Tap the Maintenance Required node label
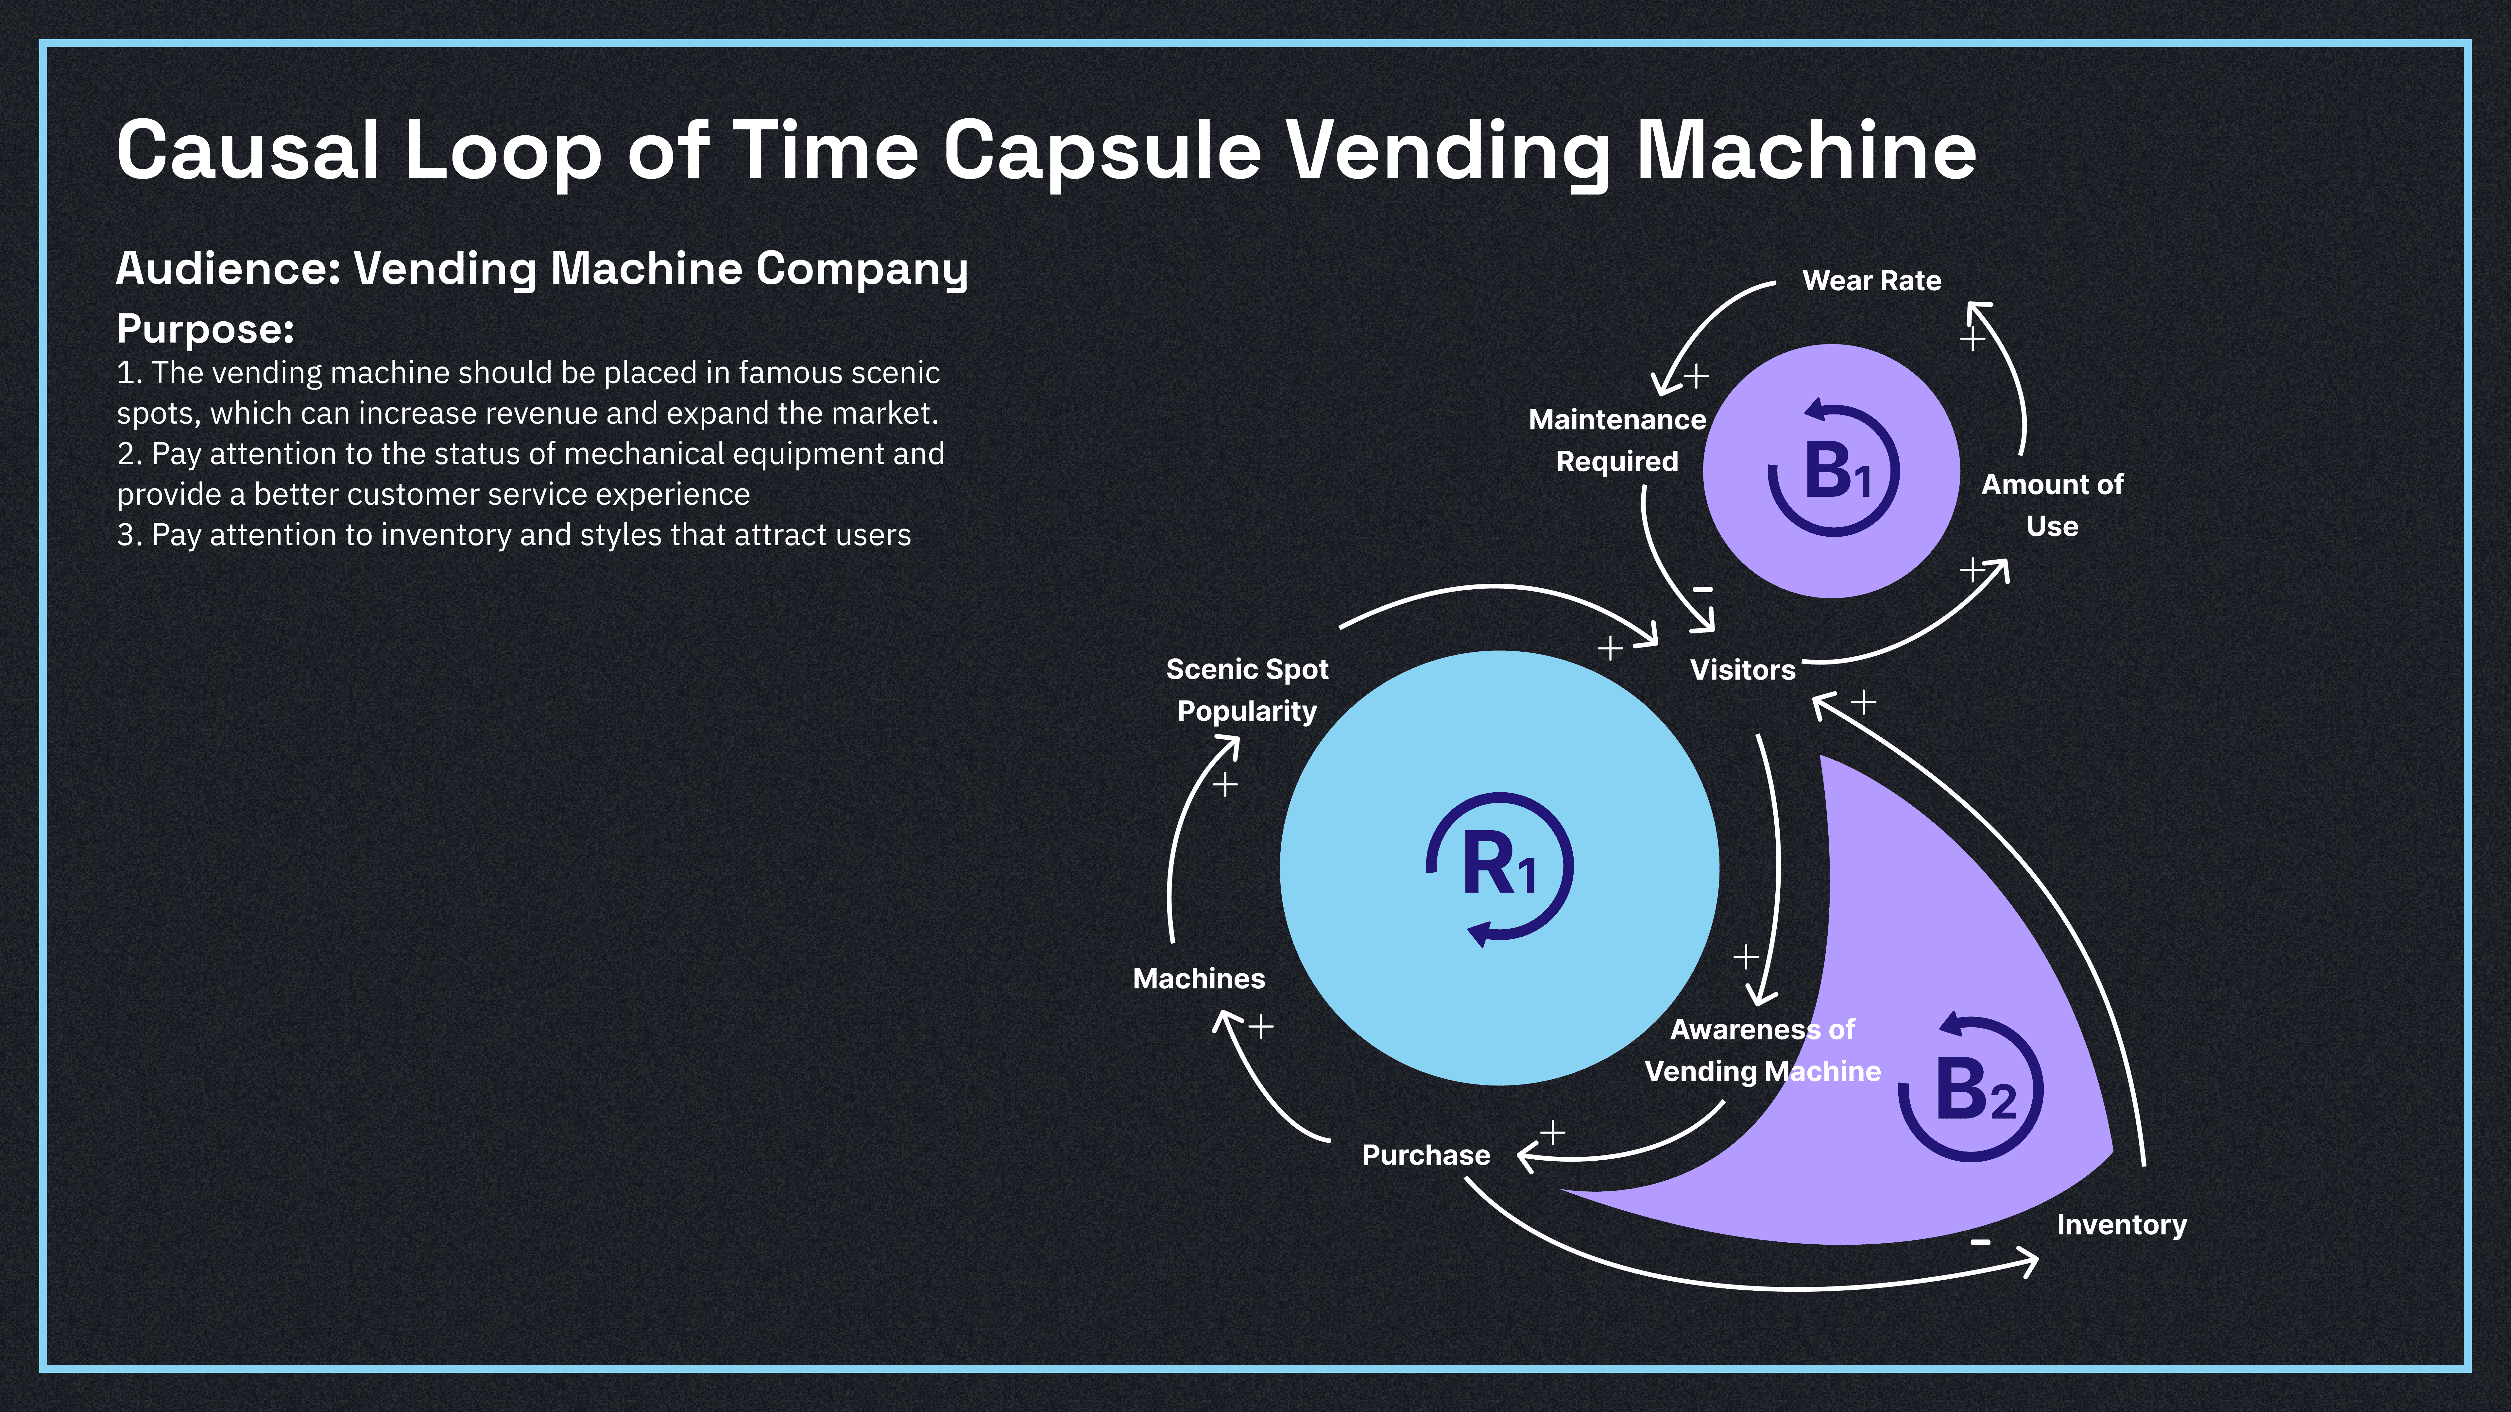pyautogui.click(x=1617, y=441)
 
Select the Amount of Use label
pyautogui.click(x=2052, y=505)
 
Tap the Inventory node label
pyautogui.click(x=2121, y=1225)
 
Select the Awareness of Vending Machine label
pyautogui.click(x=1762, y=1051)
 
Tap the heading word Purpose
pyautogui.click(x=205, y=329)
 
